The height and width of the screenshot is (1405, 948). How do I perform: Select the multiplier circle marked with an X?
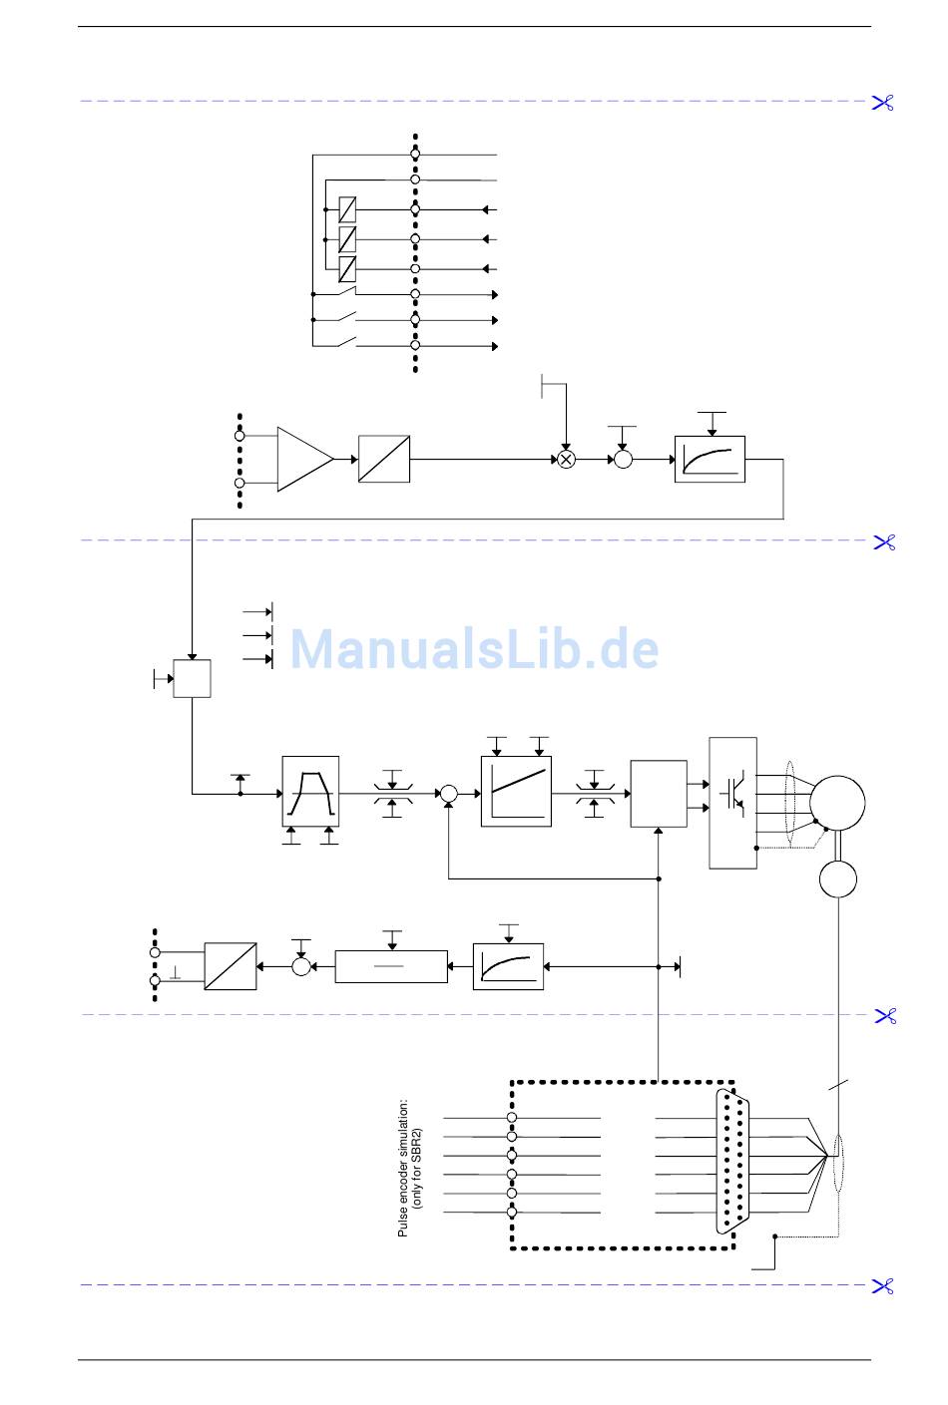566,460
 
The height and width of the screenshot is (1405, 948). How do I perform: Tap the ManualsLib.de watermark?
474,649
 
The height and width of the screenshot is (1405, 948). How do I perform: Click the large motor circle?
836,803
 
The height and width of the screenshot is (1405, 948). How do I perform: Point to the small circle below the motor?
838,878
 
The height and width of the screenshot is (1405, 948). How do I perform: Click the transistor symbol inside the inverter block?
733,792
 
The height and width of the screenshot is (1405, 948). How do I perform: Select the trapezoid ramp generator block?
310,792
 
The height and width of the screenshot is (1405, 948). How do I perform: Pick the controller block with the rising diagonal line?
516,792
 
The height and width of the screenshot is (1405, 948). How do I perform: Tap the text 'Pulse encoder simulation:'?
403,1168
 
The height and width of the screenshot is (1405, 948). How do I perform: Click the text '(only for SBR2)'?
418,1168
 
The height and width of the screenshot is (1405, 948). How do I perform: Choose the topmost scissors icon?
883,102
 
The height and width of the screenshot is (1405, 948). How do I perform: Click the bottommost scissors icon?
883,1286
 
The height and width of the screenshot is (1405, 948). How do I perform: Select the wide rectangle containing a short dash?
391,966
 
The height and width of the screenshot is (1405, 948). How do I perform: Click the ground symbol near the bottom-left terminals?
176,972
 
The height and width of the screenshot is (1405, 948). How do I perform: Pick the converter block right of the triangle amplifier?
384,460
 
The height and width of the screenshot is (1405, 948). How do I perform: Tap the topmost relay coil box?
347,209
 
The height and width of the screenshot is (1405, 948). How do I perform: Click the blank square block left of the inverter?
659,794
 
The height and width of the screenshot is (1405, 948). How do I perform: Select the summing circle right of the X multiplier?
623,460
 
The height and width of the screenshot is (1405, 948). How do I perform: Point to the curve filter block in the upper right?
710,460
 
